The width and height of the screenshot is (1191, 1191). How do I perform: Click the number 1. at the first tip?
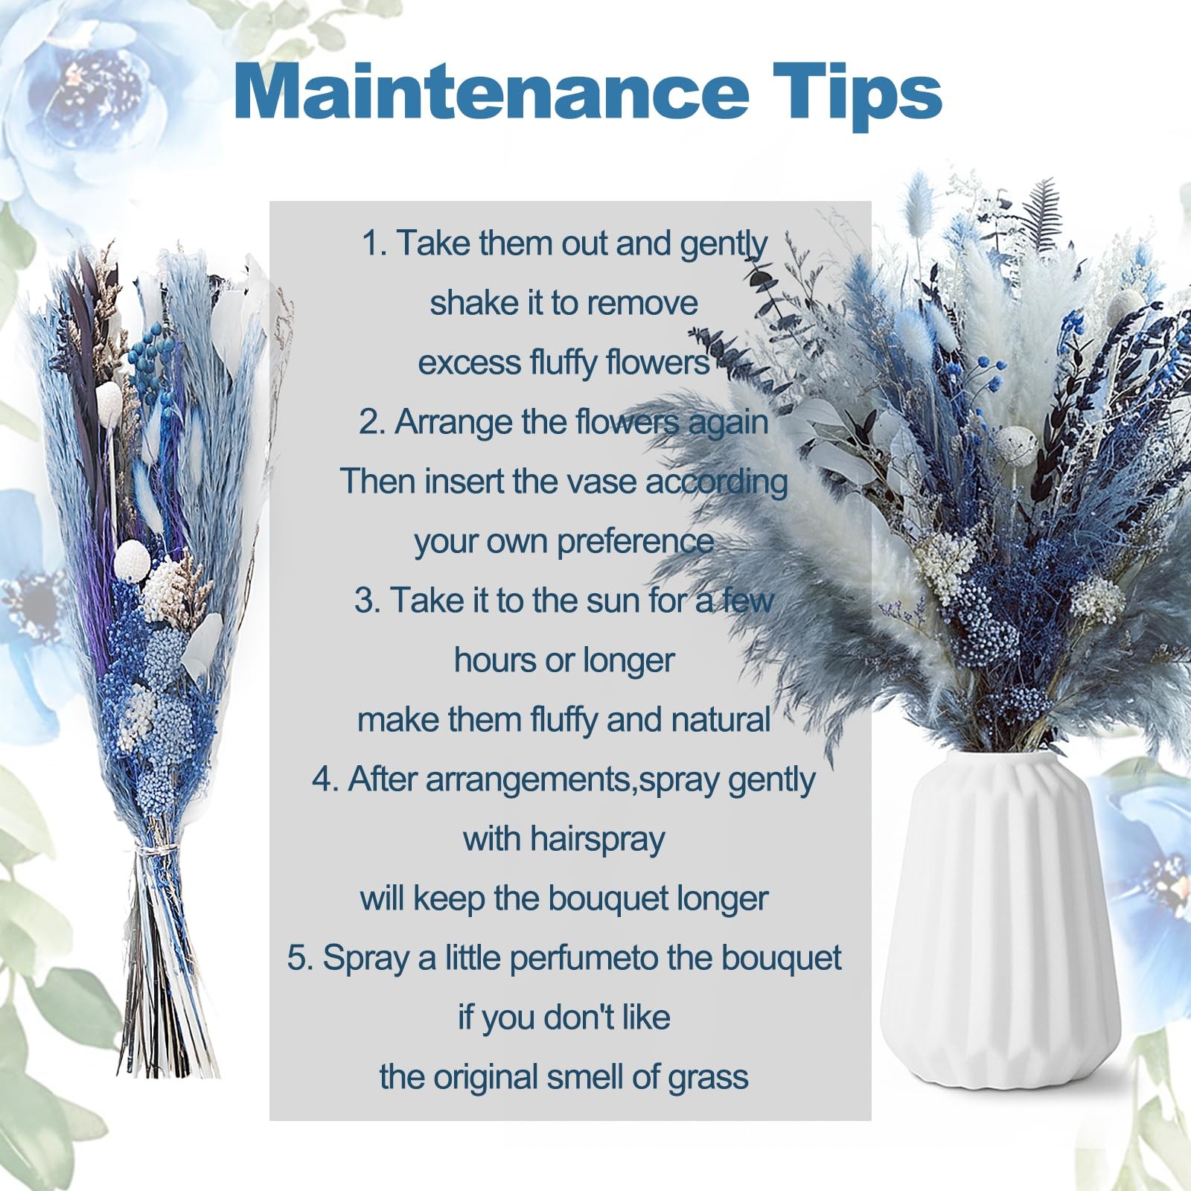(374, 243)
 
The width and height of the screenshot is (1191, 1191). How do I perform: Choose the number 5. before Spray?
(301, 958)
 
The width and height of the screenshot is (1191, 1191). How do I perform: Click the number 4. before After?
(326, 779)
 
